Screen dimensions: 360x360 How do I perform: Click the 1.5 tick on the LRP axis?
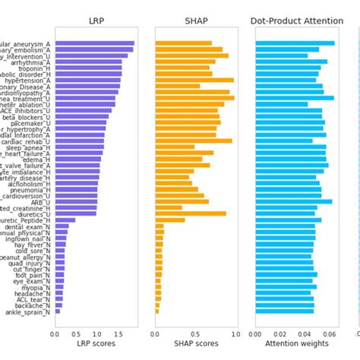(x=118, y=333)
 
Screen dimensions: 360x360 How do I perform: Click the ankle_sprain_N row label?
(x=29, y=311)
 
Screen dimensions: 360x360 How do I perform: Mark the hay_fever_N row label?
(x=30, y=247)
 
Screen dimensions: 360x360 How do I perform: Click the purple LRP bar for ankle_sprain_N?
(x=57, y=311)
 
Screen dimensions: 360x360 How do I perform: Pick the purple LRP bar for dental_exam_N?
(x=62, y=226)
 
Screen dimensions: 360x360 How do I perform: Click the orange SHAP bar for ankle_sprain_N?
(x=157, y=311)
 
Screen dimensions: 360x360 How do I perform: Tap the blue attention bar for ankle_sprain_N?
(x=285, y=311)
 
